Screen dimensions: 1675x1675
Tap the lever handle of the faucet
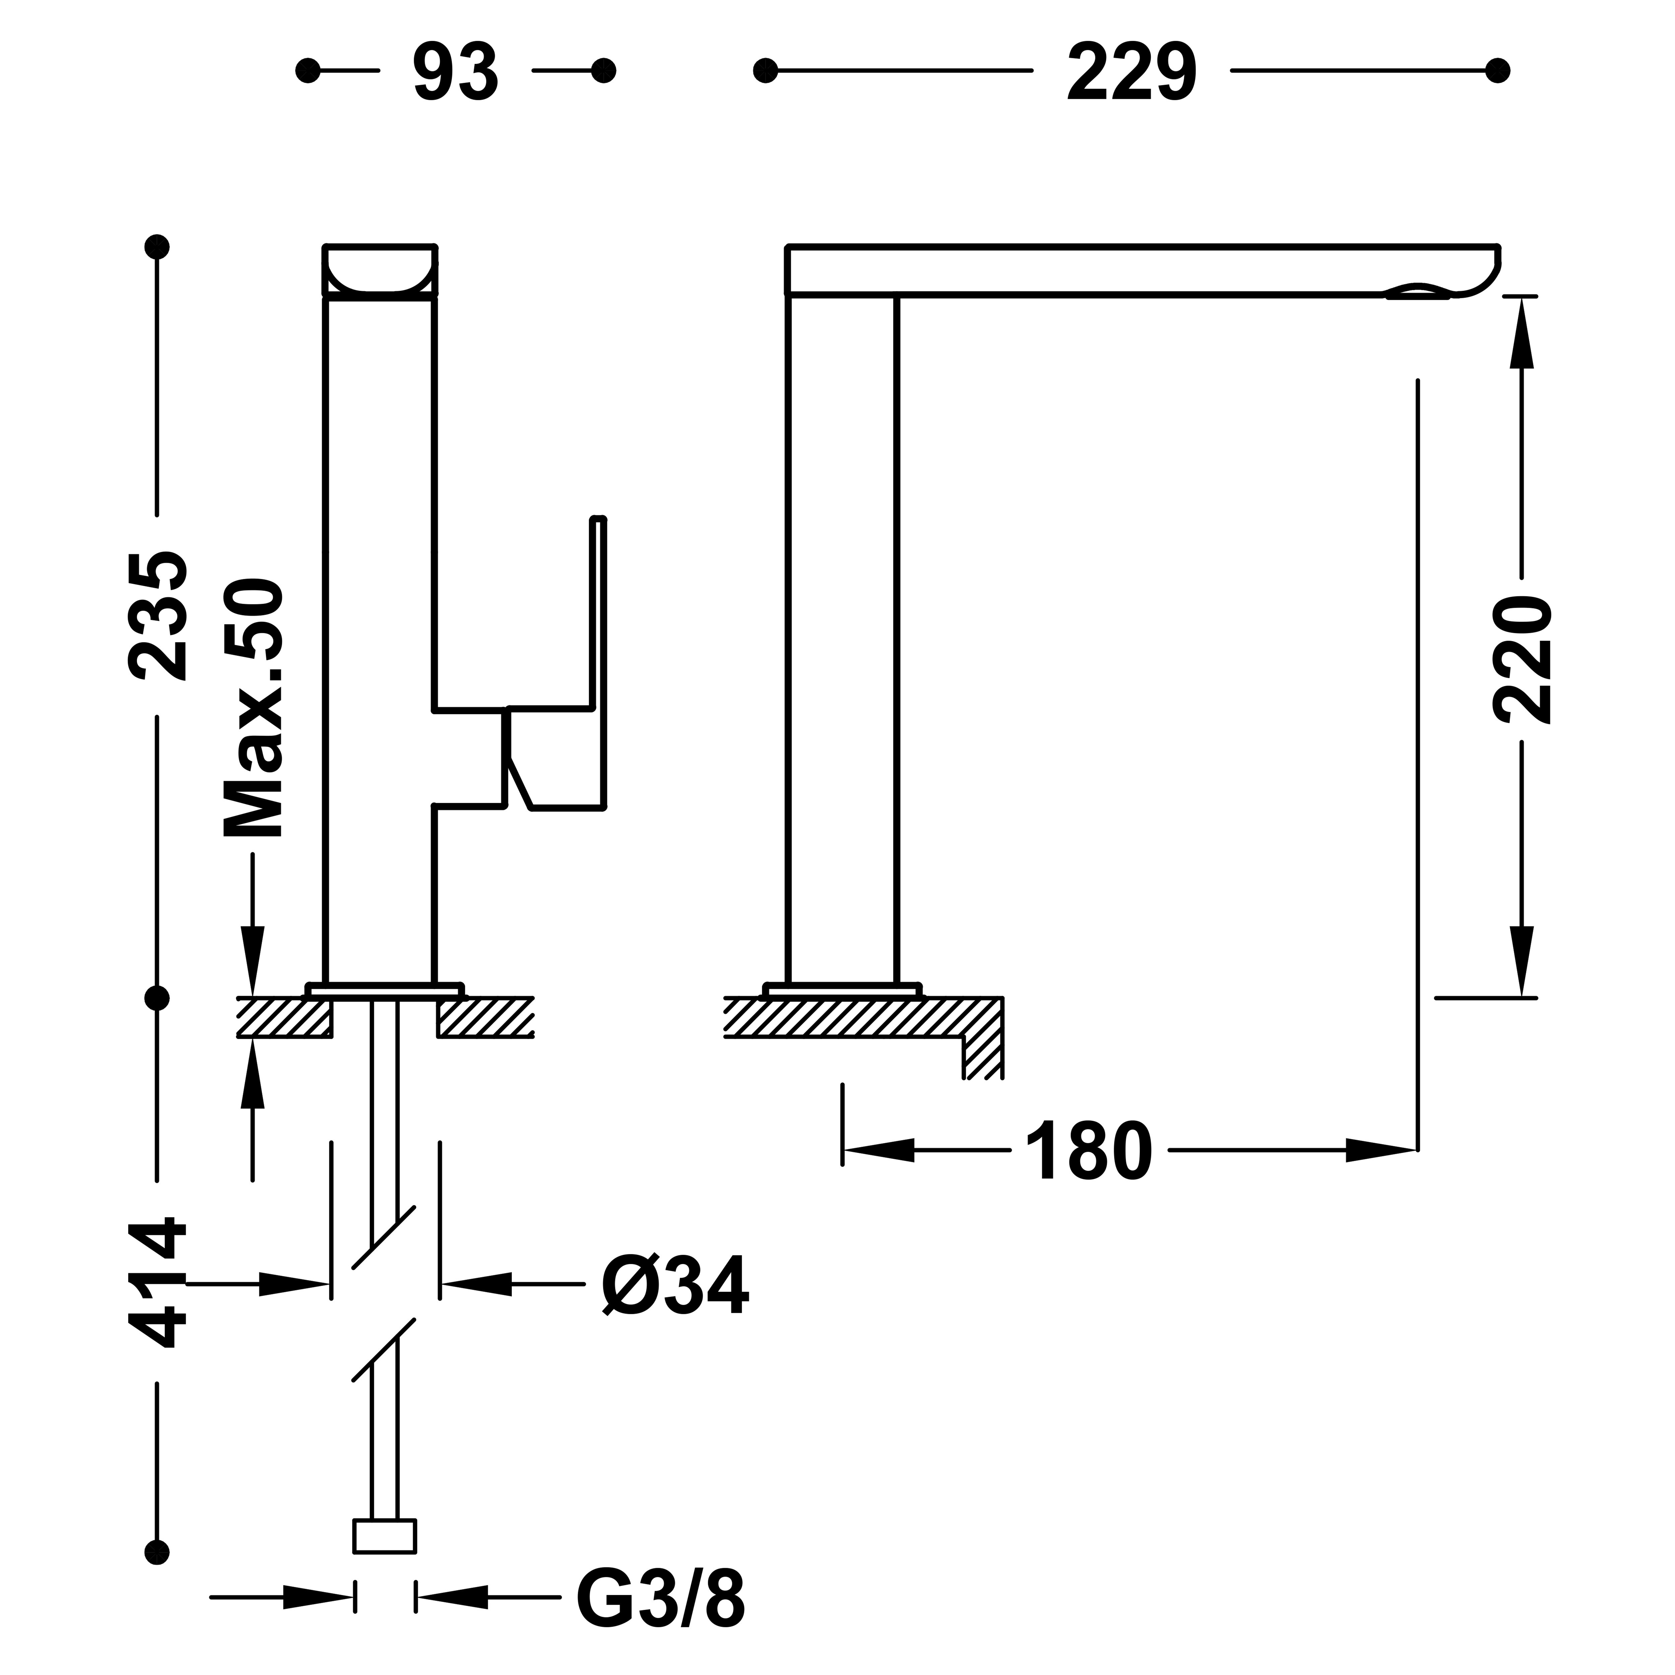[x=555, y=663]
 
